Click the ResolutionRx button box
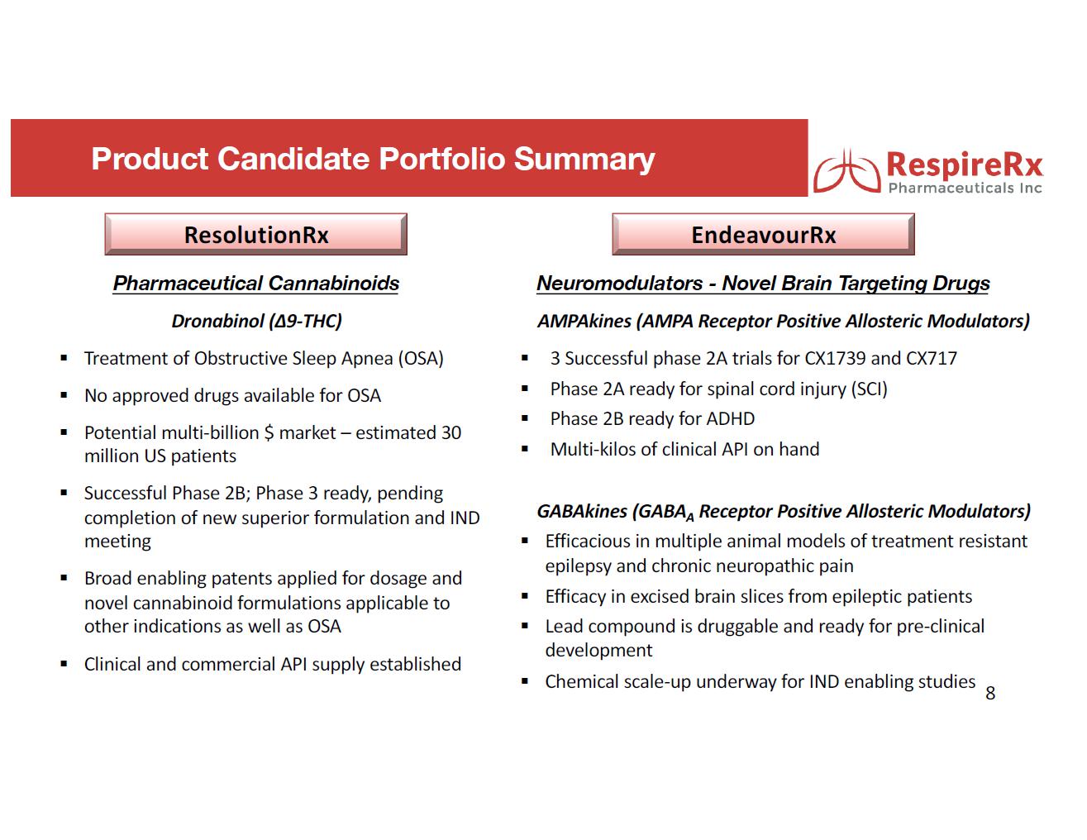point(255,235)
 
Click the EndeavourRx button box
point(763,235)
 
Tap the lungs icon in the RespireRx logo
point(845,170)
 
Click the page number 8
point(990,694)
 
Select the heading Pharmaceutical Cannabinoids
point(255,284)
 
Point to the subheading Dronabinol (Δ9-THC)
point(256,321)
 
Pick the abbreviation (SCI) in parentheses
point(868,389)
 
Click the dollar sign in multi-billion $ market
point(268,433)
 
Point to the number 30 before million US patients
point(451,433)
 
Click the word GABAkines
point(582,511)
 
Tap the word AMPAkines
point(584,321)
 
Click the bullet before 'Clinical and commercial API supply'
point(64,664)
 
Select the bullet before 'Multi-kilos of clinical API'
point(524,450)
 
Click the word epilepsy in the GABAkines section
point(579,566)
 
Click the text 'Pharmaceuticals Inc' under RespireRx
point(965,189)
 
